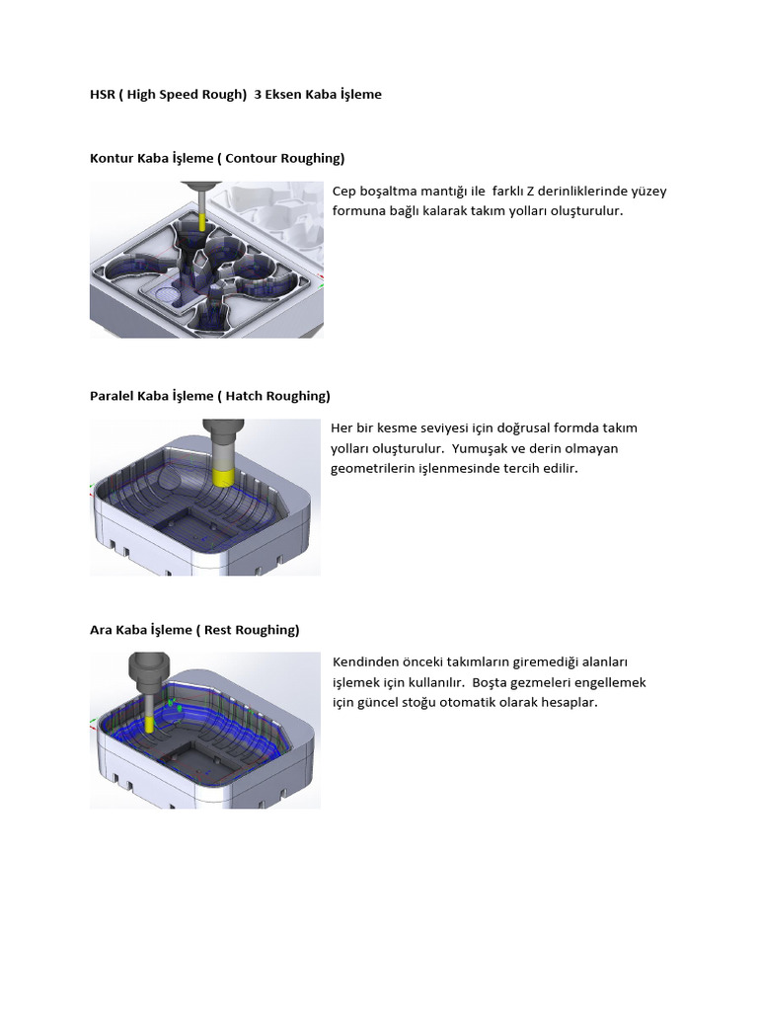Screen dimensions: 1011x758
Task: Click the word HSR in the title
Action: coord(102,95)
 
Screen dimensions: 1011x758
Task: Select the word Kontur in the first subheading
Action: coord(111,158)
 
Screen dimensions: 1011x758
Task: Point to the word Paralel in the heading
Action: coord(112,396)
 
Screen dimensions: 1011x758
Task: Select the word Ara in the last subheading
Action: coord(101,630)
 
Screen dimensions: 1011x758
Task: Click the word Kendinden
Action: coord(364,661)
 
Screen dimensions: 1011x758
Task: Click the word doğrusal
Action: coord(533,428)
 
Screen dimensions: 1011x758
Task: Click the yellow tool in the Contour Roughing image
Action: coord(201,220)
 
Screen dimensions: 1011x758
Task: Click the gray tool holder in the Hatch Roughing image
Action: coord(224,439)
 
